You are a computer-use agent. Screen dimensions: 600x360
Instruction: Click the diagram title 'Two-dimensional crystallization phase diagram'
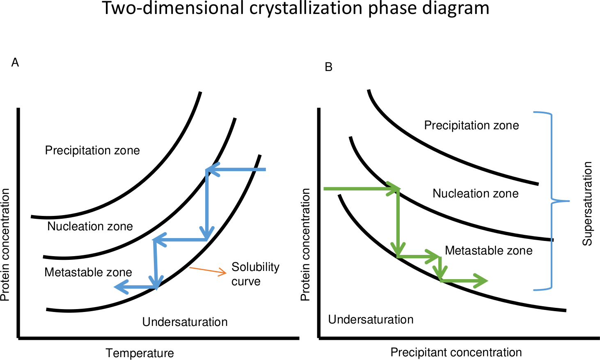click(x=296, y=8)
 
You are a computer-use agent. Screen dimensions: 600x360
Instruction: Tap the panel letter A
click(x=15, y=63)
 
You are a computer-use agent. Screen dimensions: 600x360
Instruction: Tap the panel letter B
click(x=328, y=67)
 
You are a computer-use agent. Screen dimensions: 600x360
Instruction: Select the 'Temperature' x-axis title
click(x=140, y=353)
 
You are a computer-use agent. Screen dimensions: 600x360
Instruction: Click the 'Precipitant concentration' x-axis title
click(x=456, y=353)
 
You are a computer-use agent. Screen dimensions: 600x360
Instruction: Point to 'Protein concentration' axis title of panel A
click(x=5, y=245)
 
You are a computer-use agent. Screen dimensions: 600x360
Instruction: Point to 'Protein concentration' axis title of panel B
click(x=305, y=244)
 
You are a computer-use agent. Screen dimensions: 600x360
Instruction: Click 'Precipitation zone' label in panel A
click(x=92, y=151)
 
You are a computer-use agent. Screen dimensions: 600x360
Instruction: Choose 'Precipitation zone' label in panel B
click(x=472, y=125)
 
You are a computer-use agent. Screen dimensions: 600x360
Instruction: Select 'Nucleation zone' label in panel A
click(x=90, y=226)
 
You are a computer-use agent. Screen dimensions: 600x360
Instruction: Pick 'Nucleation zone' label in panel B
click(x=476, y=193)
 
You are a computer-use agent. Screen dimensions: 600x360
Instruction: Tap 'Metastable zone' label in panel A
click(x=88, y=273)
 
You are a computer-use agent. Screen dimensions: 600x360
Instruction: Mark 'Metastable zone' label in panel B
click(x=489, y=251)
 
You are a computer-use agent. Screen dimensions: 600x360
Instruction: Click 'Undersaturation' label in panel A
click(x=185, y=322)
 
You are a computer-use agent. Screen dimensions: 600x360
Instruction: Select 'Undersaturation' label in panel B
click(x=371, y=319)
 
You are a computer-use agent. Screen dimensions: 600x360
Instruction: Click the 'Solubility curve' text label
click(x=255, y=274)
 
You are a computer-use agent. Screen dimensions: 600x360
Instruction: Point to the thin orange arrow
click(x=208, y=270)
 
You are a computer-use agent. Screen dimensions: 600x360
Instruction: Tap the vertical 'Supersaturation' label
click(x=587, y=204)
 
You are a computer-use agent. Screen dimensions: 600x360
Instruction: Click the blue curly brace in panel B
click(x=552, y=201)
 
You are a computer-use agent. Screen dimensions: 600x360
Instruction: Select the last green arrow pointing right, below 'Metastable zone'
click(x=464, y=281)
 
